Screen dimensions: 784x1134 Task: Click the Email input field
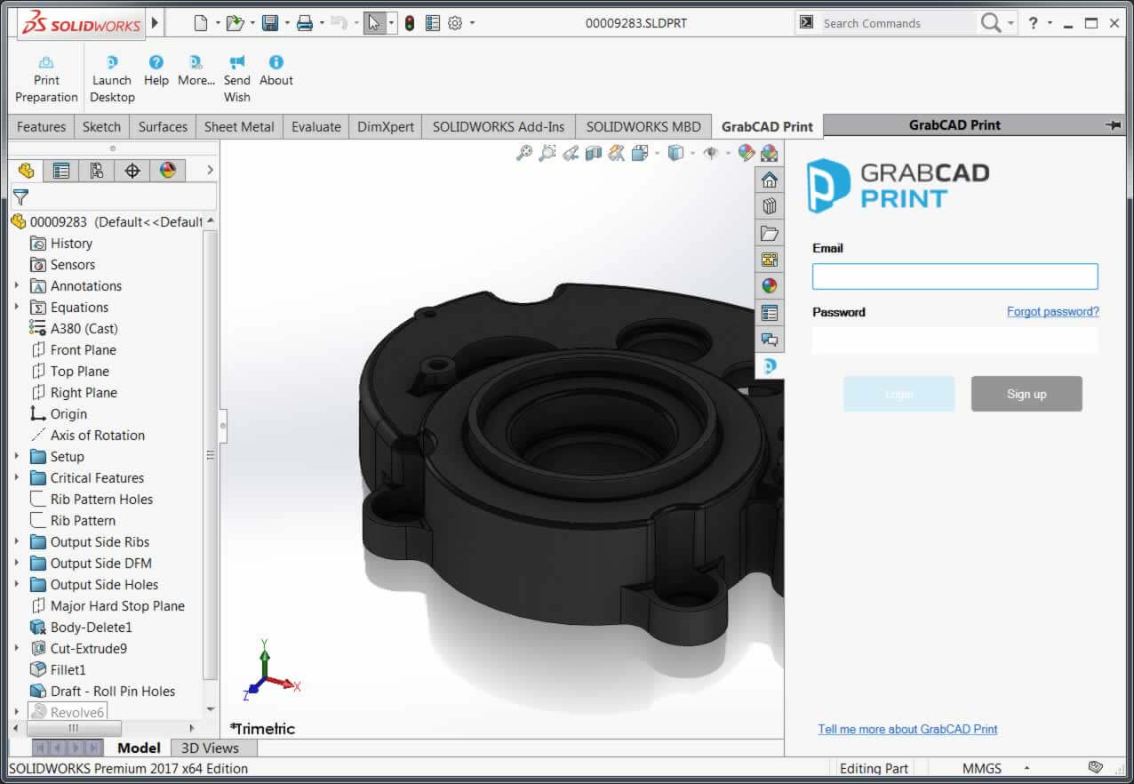click(x=954, y=276)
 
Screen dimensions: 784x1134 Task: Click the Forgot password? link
click(x=1052, y=312)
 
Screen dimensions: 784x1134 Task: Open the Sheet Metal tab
click(x=239, y=126)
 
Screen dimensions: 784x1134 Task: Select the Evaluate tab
click(x=315, y=126)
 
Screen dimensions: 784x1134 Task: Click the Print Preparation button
click(x=46, y=79)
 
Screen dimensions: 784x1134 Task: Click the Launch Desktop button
click(x=112, y=79)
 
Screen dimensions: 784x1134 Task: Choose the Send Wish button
click(x=236, y=79)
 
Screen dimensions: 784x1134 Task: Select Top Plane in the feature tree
click(x=79, y=372)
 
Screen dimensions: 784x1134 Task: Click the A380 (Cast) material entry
click(x=84, y=329)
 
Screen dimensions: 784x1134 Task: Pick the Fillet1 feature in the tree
click(x=68, y=670)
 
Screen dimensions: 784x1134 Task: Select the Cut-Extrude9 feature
click(x=88, y=649)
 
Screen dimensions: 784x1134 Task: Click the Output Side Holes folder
click(x=104, y=585)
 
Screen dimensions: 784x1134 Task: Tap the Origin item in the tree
click(x=68, y=414)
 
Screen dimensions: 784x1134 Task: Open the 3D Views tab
click(x=210, y=748)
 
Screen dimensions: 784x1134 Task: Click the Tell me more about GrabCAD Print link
click(x=907, y=729)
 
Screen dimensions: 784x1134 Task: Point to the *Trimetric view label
click(x=262, y=729)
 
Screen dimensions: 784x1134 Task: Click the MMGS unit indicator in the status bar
click(x=981, y=768)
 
